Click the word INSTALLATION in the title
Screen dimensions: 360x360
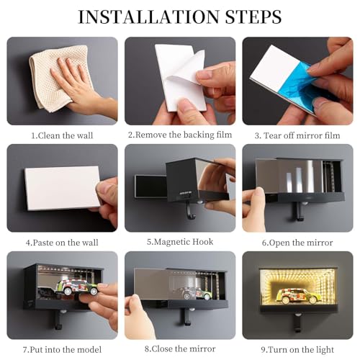pyautogui.click(x=148, y=17)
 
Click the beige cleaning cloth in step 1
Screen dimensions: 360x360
pyautogui.click(x=60, y=77)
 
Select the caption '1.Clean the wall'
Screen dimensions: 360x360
pyautogui.click(x=62, y=135)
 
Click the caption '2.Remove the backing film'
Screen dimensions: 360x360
pyautogui.click(x=180, y=135)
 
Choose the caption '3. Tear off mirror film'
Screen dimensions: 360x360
pyautogui.click(x=297, y=135)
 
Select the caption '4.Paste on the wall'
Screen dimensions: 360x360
pyautogui.click(x=62, y=243)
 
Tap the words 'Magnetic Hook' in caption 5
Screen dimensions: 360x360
pyautogui.click(x=184, y=242)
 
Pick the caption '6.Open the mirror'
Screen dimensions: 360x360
pyautogui.click(x=297, y=243)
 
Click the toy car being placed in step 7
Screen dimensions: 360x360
pyautogui.click(x=77, y=286)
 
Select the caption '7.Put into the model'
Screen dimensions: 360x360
pyautogui.click(x=62, y=350)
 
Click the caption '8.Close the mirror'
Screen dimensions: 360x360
pyautogui.click(x=180, y=348)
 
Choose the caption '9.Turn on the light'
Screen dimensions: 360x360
pyautogui.click(x=297, y=350)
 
